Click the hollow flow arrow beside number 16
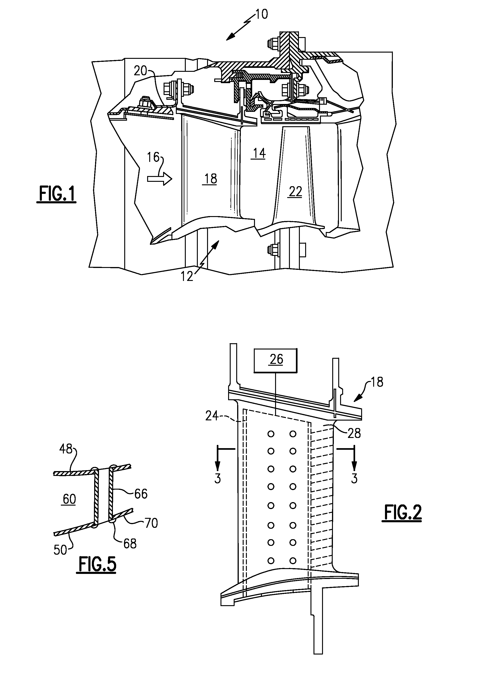pyautogui.click(x=160, y=179)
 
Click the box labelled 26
pyautogui.click(x=276, y=360)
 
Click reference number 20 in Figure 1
pyautogui.click(x=140, y=71)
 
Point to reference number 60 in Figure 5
pyautogui.click(x=69, y=499)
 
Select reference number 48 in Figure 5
pyautogui.click(x=66, y=457)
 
